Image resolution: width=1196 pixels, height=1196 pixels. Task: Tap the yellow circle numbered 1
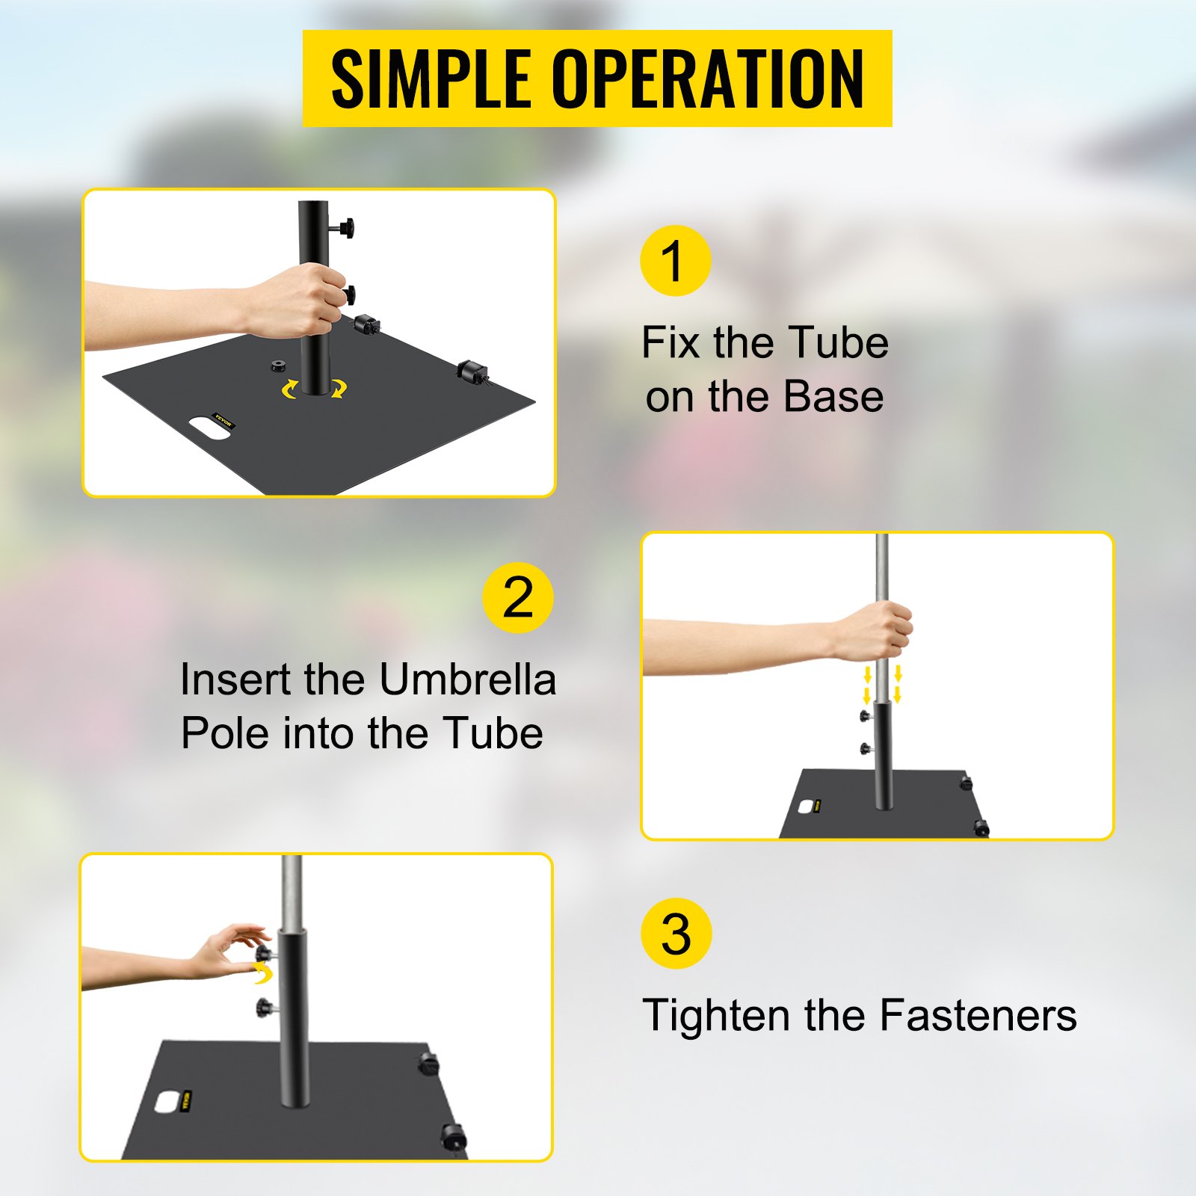coord(675,261)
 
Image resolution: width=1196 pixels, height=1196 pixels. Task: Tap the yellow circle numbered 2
coord(517,597)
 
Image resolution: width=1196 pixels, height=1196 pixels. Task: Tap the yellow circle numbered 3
coord(676,934)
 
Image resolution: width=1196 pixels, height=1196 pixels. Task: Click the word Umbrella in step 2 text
coord(467,679)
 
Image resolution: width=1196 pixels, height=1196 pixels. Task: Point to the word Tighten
coord(717,1015)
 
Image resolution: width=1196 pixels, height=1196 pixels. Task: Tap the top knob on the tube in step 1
coord(345,227)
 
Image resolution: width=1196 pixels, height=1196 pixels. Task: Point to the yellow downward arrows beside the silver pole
coord(882,684)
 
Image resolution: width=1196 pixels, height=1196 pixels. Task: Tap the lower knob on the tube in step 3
coord(265,1007)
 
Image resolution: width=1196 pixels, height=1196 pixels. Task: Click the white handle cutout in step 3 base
coord(166,1100)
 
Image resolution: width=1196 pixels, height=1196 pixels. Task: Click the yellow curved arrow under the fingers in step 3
coord(263,972)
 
